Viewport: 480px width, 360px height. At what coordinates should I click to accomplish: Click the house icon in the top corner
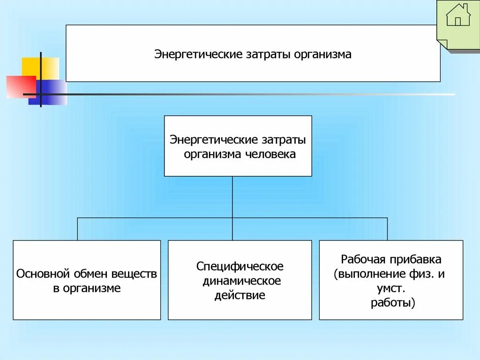[458, 15]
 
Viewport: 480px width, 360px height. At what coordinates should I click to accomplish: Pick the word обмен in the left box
[90, 273]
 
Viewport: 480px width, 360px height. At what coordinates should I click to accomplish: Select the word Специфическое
[240, 266]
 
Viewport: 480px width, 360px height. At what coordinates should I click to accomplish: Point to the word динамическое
[241, 281]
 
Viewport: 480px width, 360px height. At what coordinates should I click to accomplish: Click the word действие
[240, 295]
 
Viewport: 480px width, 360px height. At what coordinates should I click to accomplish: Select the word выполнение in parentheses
[368, 274]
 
